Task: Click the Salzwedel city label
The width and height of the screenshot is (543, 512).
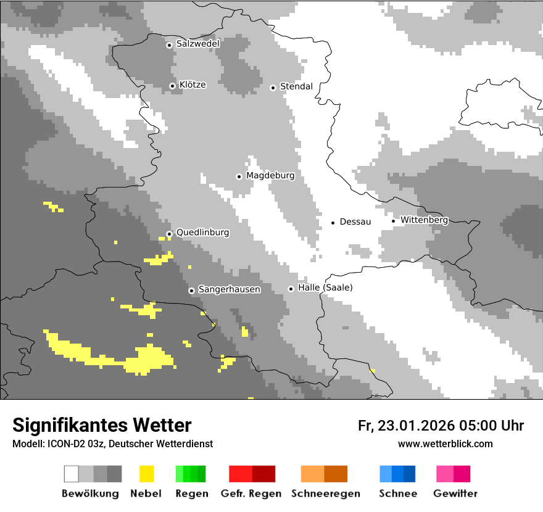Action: click(197, 44)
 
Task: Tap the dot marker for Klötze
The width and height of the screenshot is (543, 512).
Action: click(172, 86)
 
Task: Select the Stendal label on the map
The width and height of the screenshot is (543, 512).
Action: click(296, 86)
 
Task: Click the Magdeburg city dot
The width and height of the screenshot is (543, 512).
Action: click(239, 176)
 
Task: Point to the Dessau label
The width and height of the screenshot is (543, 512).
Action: click(355, 221)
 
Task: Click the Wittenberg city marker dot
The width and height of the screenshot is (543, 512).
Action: click(393, 221)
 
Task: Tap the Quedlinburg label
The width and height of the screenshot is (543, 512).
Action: click(202, 233)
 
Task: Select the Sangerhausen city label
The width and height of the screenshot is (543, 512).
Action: click(229, 289)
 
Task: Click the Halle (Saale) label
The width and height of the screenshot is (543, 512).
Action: click(325, 287)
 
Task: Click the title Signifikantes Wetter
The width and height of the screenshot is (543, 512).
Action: click(102, 425)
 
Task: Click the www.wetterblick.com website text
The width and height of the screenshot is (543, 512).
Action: click(445, 444)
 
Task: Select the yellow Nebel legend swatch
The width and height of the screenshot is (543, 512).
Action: click(146, 474)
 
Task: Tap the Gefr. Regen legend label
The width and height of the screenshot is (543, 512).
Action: click(251, 493)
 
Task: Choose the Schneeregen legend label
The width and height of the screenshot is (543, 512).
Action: click(325, 493)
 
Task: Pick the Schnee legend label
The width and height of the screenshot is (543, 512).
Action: click(398, 493)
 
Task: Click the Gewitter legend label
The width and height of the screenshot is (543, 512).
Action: click(455, 493)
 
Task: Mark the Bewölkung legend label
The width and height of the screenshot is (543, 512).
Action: click(90, 493)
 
